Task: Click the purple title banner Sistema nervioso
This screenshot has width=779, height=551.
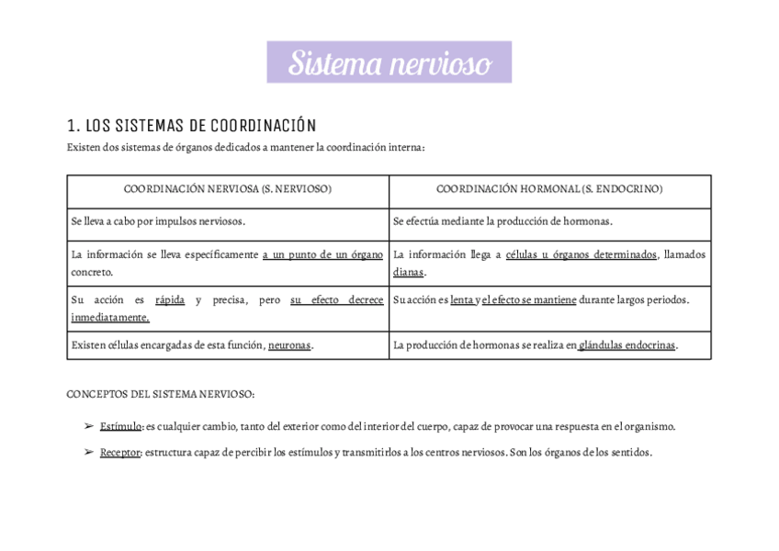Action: pyautogui.click(x=389, y=62)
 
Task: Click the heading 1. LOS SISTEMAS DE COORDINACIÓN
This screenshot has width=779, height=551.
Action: pyautogui.click(x=192, y=126)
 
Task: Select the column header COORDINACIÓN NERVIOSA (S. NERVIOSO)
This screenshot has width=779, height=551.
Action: pyautogui.click(x=228, y=189)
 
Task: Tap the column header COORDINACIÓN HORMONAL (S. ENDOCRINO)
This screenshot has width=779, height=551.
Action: pyautogui.click(x=549, y=189)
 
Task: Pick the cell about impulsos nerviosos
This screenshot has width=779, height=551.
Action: pyautogui.click(x=158, y=221)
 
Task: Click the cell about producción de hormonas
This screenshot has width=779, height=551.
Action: pyautogui.click(x=502, y=221)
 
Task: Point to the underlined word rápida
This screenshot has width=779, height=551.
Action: pyautogui.click(x=170, y=300)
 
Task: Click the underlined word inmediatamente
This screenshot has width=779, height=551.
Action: pyautogui.click(x=110, y=317)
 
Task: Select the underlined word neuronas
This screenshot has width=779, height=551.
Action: pyautogui.click(x=289, y=345)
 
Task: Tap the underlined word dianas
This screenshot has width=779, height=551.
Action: pyautogui.click(x=409, y=272)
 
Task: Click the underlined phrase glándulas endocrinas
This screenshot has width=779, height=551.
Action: pyautogui.click(x=627, y=345)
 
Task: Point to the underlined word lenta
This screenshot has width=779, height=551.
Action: pyautogui.click(x=461, y=300)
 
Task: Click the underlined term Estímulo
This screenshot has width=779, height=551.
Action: pyautogui.click(x=120, y=426)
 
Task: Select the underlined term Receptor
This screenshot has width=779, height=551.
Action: pyautogui.click(x=120, y=452)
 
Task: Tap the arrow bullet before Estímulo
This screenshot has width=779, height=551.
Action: pyautogui.click(x=88, y=426)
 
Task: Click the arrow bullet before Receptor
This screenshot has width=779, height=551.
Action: pyautogui.click(x=88, y=452)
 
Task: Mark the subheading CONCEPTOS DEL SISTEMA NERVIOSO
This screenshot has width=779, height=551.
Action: pyautogui.click(x=161, y=394)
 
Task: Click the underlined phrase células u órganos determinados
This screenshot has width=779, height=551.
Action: pyautogui.click(x=581, y=254)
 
